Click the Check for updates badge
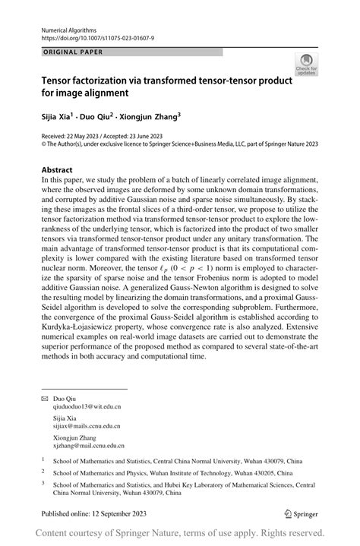point(307,64)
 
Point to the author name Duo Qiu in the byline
point(103,118)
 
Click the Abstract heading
point(58,170)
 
